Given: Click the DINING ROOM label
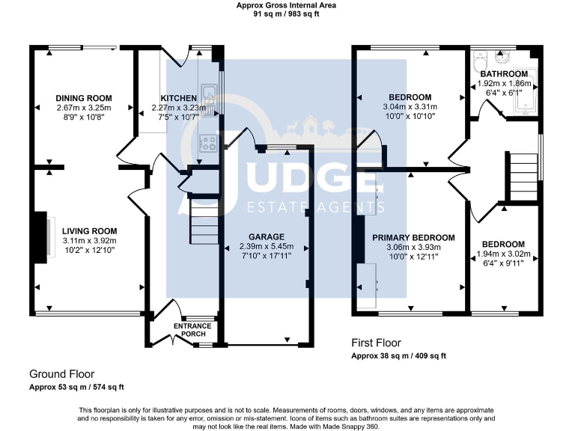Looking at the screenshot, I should click(x=84, y=98).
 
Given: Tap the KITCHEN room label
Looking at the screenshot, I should click(x=179, y=98).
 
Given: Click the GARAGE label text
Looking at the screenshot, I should click(x=266, y=236).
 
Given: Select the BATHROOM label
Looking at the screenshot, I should click(x=504, y=74).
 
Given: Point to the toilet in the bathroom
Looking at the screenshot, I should click(x=482, y=59).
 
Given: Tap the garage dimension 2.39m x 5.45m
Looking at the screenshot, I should click(x=266, y=247).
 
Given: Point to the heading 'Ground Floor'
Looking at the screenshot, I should click(x=61, y=374).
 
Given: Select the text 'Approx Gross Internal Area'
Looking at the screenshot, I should click(x=287, y=4).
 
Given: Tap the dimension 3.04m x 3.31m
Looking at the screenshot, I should click(x=410, y=108).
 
